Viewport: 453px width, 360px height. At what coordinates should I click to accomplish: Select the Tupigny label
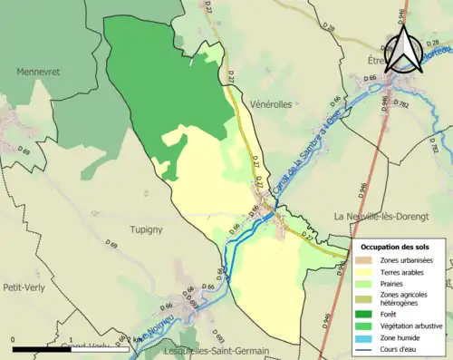145,229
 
